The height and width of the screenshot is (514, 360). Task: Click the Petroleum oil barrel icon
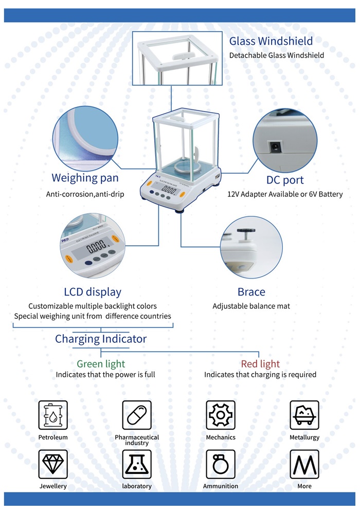53,415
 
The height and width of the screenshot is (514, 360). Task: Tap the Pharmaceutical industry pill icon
137,415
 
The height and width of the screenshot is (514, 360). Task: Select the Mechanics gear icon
221,415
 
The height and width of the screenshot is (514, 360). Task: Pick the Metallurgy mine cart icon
304,415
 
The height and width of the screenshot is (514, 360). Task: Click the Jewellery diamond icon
53,464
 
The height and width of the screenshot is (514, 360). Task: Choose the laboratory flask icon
137,464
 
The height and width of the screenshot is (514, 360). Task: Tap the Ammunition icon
221,464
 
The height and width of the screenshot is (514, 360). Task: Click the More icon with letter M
304,464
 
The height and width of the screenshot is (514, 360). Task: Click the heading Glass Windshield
271,41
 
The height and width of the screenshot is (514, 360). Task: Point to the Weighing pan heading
85,178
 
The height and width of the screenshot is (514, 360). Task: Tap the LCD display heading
93,292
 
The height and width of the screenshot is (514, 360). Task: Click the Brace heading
251,292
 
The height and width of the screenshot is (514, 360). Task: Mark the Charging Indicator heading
101,339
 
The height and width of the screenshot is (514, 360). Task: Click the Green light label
101,364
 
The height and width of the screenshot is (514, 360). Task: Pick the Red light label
260,364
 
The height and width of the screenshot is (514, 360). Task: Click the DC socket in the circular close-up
276,147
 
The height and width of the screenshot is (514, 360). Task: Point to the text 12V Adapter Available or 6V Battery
285,194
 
